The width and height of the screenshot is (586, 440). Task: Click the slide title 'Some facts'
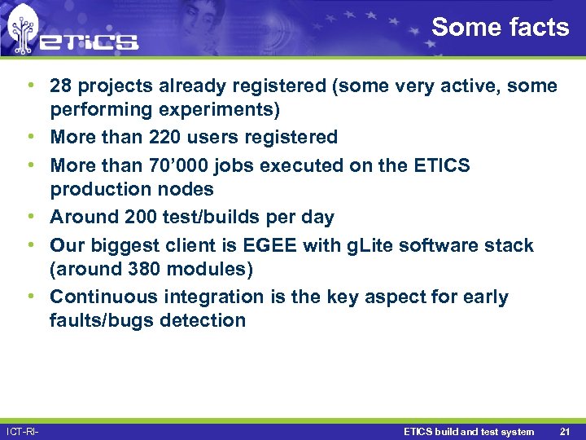tap(500, 27)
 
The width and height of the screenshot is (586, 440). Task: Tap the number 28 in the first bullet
tap(62, 86)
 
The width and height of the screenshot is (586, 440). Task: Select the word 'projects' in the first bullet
tap(114, 86)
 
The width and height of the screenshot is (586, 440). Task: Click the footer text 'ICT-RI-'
tap(23, 431)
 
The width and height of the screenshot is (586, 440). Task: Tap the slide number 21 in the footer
tap(565, 431)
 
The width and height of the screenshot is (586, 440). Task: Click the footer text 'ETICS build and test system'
tap(469, 431)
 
